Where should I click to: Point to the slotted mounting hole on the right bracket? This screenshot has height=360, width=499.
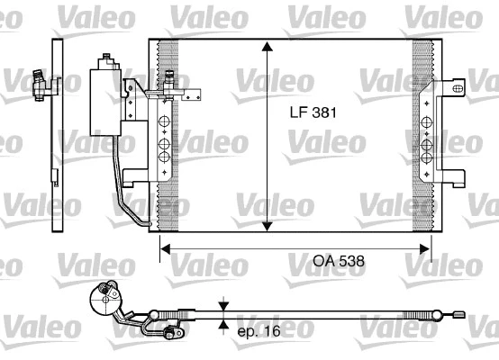click(458, 87)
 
